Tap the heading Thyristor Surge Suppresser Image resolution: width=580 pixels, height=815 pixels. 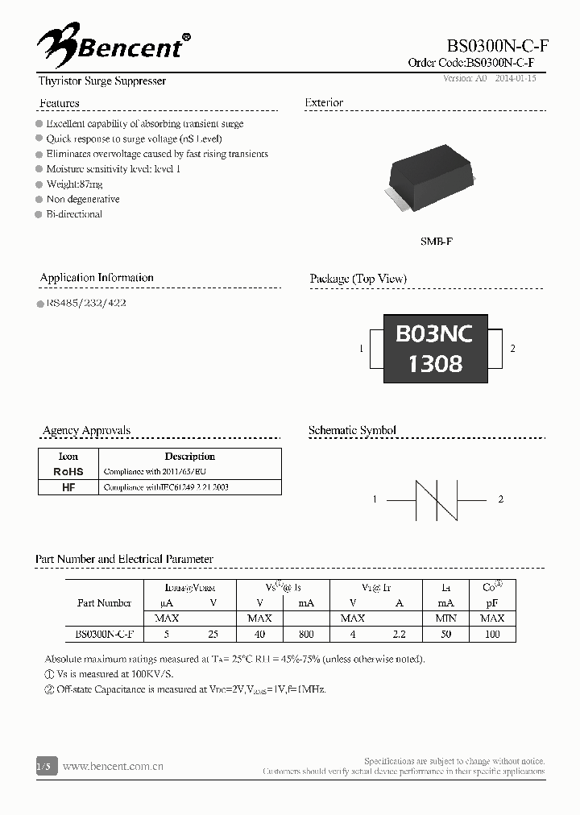click(102, 81)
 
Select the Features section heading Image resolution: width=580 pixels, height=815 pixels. click(60, 103)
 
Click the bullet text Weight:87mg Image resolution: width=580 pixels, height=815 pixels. click(75, 184)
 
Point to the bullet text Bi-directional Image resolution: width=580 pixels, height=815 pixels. click(74, 214)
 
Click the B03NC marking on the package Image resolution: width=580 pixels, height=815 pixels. click(434, 333)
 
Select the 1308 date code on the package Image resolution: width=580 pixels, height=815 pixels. click(435, 364)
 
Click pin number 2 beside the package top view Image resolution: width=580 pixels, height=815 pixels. click(513, 348)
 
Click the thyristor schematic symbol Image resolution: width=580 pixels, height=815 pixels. click(436, 500)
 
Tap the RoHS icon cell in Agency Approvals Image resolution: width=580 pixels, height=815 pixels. click(68, 471)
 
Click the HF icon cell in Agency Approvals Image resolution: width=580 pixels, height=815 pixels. click(68, 487)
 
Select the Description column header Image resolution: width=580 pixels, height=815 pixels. click(189, 456)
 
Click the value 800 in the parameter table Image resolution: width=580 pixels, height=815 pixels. click(306, 634)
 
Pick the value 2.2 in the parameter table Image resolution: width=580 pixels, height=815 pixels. click(399, 634)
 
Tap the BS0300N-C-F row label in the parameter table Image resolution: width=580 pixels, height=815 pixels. click(104, 634)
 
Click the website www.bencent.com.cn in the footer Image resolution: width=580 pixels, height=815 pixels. click(113, 767)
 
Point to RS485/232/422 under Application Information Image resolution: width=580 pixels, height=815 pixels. click(86, 304)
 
